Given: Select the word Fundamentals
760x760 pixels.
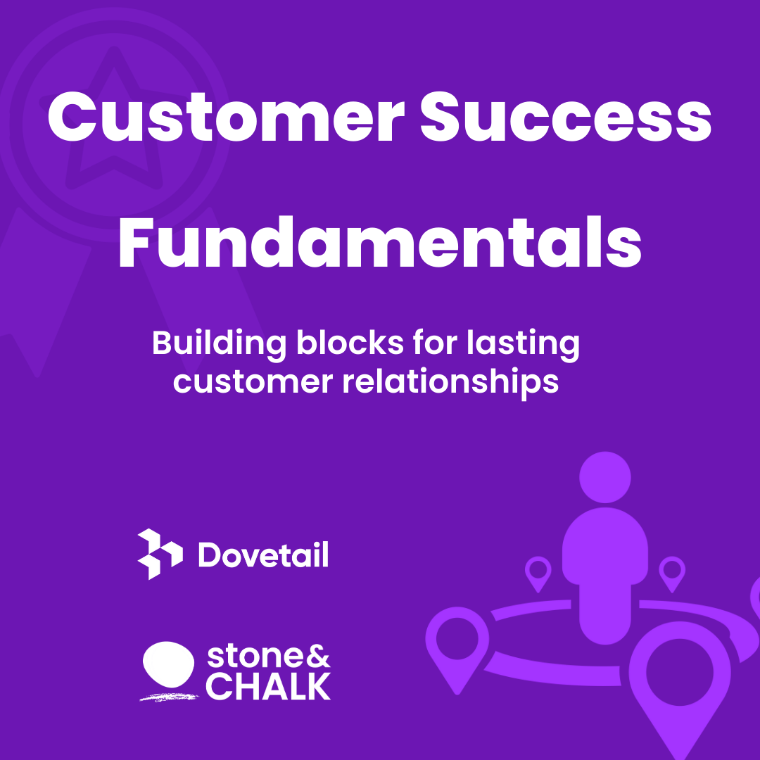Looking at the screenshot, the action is [380, 242].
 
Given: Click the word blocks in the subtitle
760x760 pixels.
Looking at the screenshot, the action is [350, 343].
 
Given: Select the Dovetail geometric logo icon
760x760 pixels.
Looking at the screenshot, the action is [160, 554].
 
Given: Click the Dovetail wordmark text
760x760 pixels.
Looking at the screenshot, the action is [264, 555].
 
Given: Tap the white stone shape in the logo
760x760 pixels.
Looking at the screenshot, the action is [169, 664].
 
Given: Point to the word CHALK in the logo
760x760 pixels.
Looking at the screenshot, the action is [268, 686].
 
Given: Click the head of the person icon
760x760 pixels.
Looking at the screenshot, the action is [605, 477].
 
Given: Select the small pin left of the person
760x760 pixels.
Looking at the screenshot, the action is [538, 574].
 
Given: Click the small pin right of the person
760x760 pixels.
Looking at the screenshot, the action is [672, 574].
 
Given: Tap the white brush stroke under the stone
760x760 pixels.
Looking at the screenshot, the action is [170, 697].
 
